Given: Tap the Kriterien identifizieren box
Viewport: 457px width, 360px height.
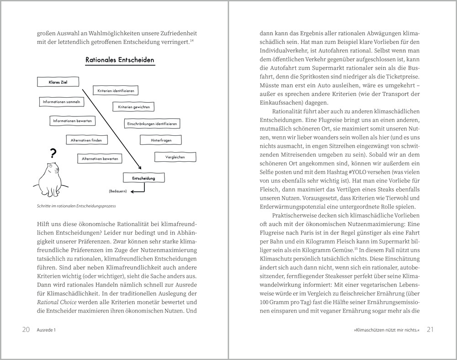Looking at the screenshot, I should coord(116,91).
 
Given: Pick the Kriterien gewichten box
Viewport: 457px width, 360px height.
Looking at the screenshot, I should coord(133,107).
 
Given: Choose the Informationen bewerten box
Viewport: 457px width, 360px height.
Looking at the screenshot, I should coord(73,121).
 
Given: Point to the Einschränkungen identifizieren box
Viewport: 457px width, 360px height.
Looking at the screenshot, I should coord(152,124).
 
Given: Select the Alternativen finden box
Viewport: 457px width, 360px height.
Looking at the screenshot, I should coord(87,140).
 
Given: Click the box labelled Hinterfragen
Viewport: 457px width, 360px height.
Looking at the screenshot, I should coord(161,140).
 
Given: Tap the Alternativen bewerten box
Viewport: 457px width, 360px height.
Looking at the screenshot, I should coord(100,159).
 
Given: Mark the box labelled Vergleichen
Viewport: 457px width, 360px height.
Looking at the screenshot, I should coord(176,157).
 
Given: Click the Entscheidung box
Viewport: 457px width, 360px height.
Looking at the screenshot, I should coord(143,178).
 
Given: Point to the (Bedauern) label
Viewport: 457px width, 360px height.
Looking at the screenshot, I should coord(118,191).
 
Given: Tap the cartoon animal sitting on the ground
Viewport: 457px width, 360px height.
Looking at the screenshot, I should coord(52,178).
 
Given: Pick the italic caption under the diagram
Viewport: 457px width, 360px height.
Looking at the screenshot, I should coord(77,206).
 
